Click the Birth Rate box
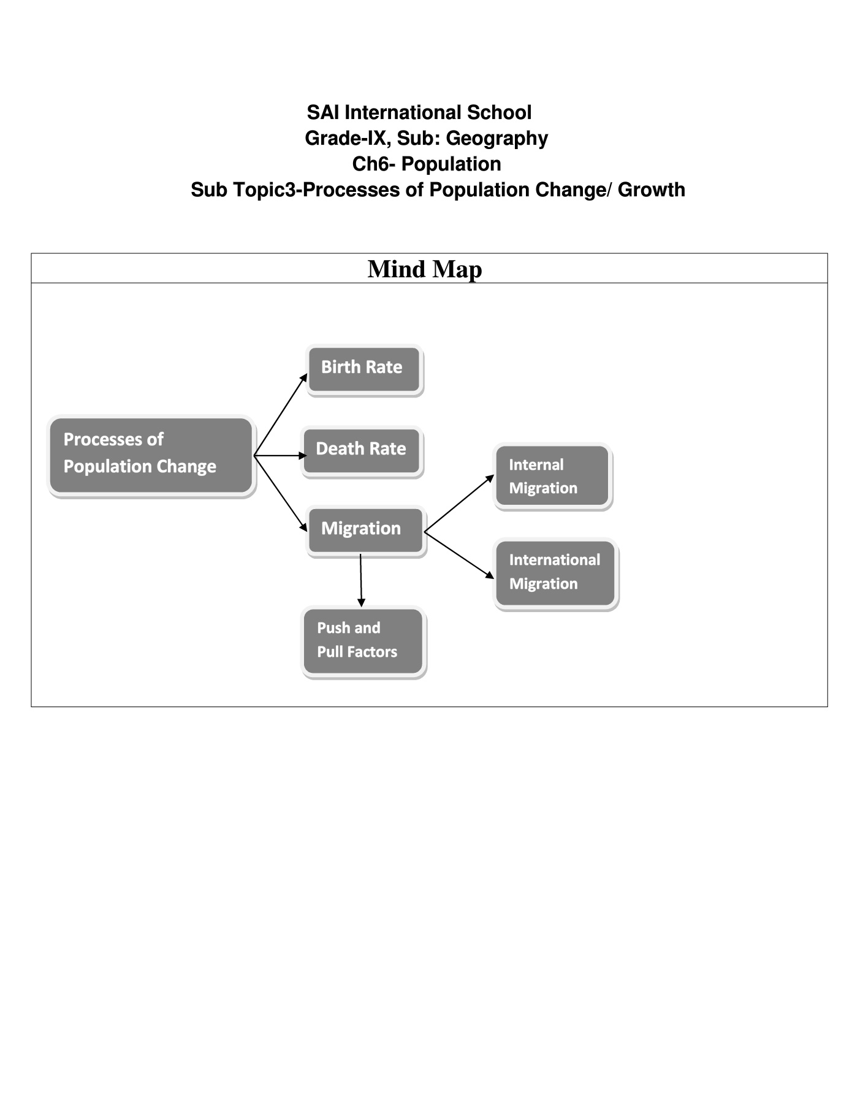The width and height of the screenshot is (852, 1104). [364, 369]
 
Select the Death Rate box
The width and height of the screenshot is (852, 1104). [362, 451]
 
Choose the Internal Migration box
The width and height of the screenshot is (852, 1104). [552, 476]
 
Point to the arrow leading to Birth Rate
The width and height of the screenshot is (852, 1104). [281, 415]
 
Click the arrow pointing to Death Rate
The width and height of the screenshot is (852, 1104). [281, 456]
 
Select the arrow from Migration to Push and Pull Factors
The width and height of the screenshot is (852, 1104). [361, 580]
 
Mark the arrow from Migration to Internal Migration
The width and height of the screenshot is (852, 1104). [459, 503]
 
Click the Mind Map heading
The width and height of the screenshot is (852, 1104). [425, 269]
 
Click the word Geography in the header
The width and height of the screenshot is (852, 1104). [497, 139]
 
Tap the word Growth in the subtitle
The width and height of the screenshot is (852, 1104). [652, 190]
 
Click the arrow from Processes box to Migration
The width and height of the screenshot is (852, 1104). [281, 494]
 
